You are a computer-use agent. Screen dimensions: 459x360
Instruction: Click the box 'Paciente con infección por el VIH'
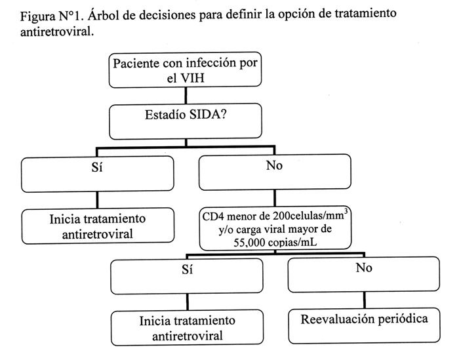(186, 70)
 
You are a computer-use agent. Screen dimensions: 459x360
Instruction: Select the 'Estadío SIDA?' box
(186, 121)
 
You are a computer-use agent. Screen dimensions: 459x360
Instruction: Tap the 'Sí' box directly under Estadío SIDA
(98, 174)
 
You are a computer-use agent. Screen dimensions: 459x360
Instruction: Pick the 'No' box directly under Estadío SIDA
(275, 172)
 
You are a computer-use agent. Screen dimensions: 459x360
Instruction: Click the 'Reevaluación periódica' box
(364, 326)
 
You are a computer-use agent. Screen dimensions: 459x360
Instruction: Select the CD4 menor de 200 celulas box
(275, 228)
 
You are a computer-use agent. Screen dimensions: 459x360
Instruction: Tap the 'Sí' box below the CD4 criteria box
(187, 276)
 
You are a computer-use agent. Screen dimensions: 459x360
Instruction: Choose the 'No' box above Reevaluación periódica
(364, 274)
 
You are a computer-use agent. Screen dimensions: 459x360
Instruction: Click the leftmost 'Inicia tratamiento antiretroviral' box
(98, 226)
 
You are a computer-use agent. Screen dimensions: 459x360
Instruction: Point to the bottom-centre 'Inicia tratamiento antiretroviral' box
(188, 328)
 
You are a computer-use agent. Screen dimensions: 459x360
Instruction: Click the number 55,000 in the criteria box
(249, 243)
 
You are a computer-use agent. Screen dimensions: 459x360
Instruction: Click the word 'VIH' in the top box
(192, 78)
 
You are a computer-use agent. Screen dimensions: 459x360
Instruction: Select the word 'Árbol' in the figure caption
(104, 14)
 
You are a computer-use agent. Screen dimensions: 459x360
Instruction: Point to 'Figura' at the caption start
(37, 16)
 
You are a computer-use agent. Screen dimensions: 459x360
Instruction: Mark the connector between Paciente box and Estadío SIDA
(186, 96)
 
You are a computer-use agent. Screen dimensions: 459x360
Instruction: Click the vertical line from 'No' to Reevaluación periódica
(365, 300)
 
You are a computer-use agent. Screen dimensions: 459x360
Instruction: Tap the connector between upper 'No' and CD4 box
(275, 199)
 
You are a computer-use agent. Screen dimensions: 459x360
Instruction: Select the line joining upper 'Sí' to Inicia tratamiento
(97, 201)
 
